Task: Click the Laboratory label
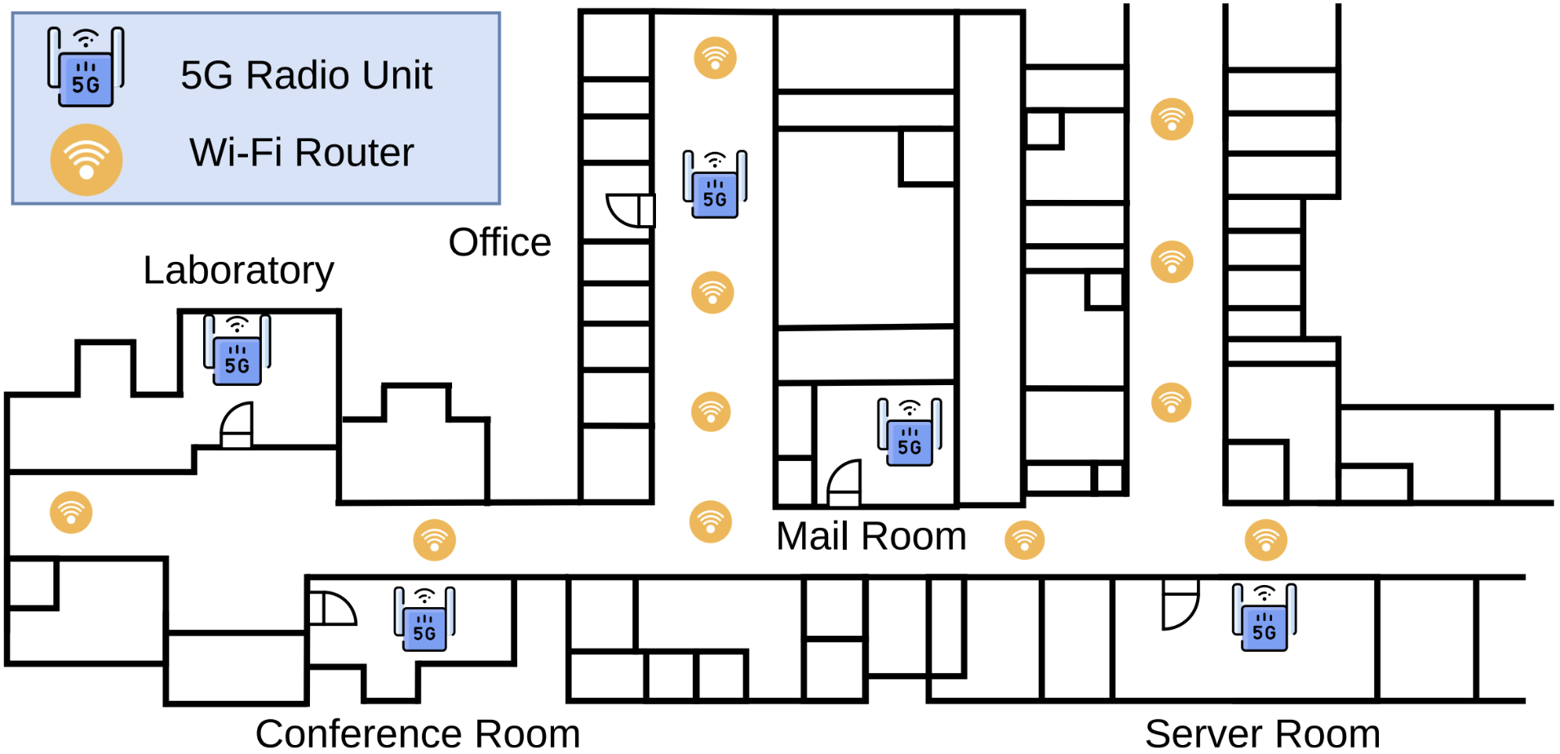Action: tap(238, 270)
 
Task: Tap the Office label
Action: tap(499, 242)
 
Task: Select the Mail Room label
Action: tap(871, 536)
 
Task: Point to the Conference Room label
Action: tap(417, 733)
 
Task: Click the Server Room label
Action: tap(1262, 733)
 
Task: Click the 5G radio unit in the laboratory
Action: tap(237, 350)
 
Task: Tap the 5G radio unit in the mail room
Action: tap(909, 432)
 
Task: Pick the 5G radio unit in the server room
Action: tap(1264, 618)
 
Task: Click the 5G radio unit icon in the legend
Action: tap(86, 67)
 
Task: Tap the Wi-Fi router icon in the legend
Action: tap(86, 160)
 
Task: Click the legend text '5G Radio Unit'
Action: tap(306, 75)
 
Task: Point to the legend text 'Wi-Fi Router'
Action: tap(302, 153)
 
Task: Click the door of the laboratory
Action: tap(237, 426)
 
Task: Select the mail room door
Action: tap(844, 483)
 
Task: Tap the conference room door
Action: tap(332, 609)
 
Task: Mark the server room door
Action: tap(1180, 605)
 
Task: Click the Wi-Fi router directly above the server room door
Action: tap(1265, 540)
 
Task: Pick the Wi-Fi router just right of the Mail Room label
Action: tap(1025, 540)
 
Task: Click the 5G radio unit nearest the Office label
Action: tap(715, 184)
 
